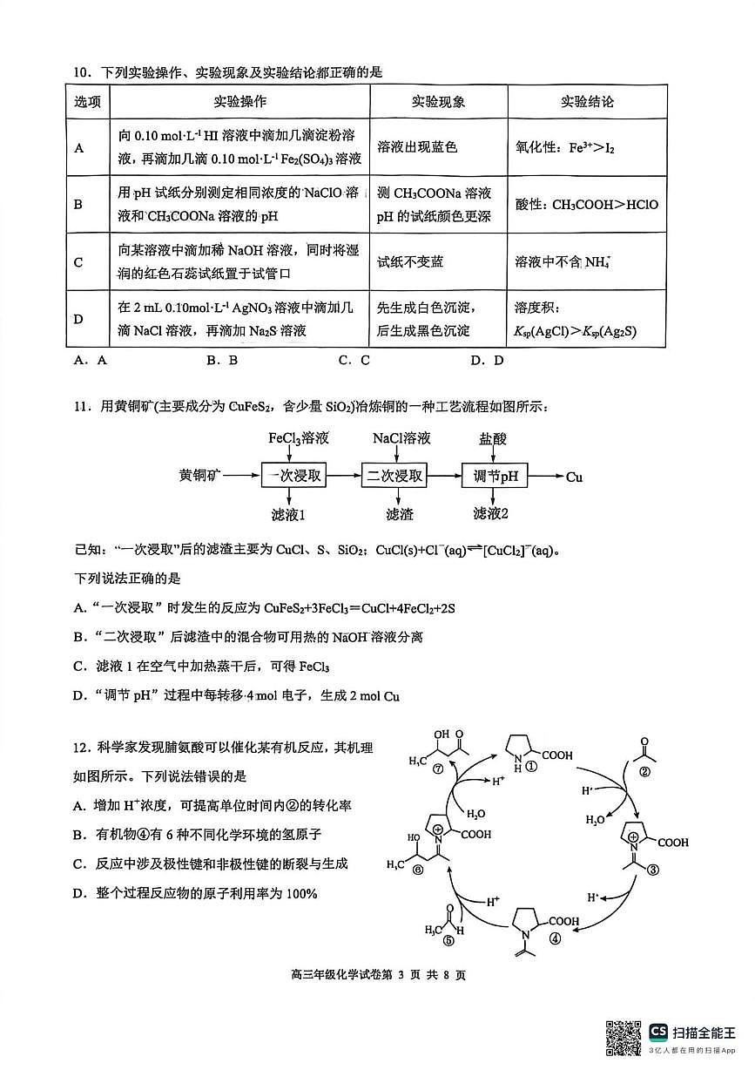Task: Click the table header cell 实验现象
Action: [x=438, y=101]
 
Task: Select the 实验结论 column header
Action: [x=587, y=101]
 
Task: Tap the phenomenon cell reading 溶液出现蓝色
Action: [x=417, y=147]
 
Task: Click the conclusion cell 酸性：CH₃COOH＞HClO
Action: [x=587, y=205]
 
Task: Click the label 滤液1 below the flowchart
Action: [x=288, y=514]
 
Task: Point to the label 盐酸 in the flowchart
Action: [x=492, y=438]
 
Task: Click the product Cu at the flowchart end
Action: [x=574, y=477]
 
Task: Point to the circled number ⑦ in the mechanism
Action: [x=438, y=768]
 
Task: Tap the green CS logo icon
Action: [x=659, y=1032]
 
